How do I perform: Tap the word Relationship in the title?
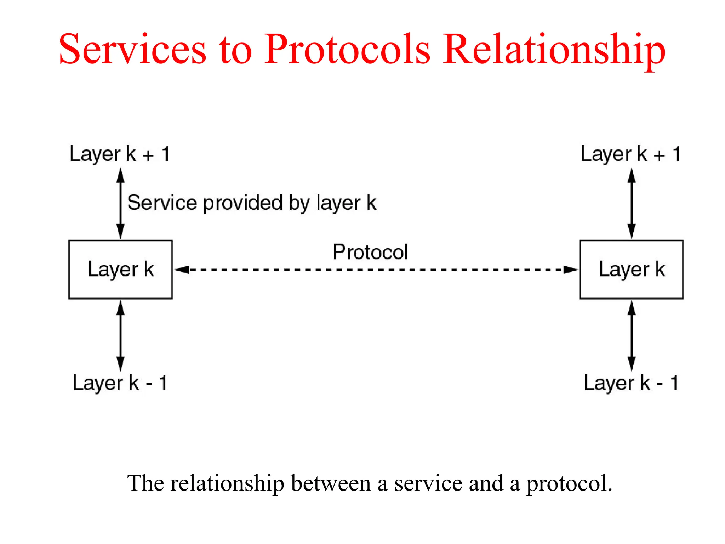(554, 50)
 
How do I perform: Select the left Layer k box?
(120, 270)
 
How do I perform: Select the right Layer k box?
(631, 270)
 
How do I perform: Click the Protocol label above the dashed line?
(370, 252)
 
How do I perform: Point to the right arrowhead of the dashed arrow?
(571, 270)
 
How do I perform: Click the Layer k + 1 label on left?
(120, 154)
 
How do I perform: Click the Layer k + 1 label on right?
(630, 154)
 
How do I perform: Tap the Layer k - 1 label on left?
(120, 383)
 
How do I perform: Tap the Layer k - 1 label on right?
(630, 383)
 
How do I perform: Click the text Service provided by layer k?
(252, 203)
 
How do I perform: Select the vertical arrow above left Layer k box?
(120, 203)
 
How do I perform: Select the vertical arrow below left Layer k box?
(120, 335)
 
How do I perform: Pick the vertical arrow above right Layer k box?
(632, 203)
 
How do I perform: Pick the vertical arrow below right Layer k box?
(632, 335)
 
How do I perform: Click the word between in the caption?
(331, 483)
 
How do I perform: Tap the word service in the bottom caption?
(428, 483)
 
